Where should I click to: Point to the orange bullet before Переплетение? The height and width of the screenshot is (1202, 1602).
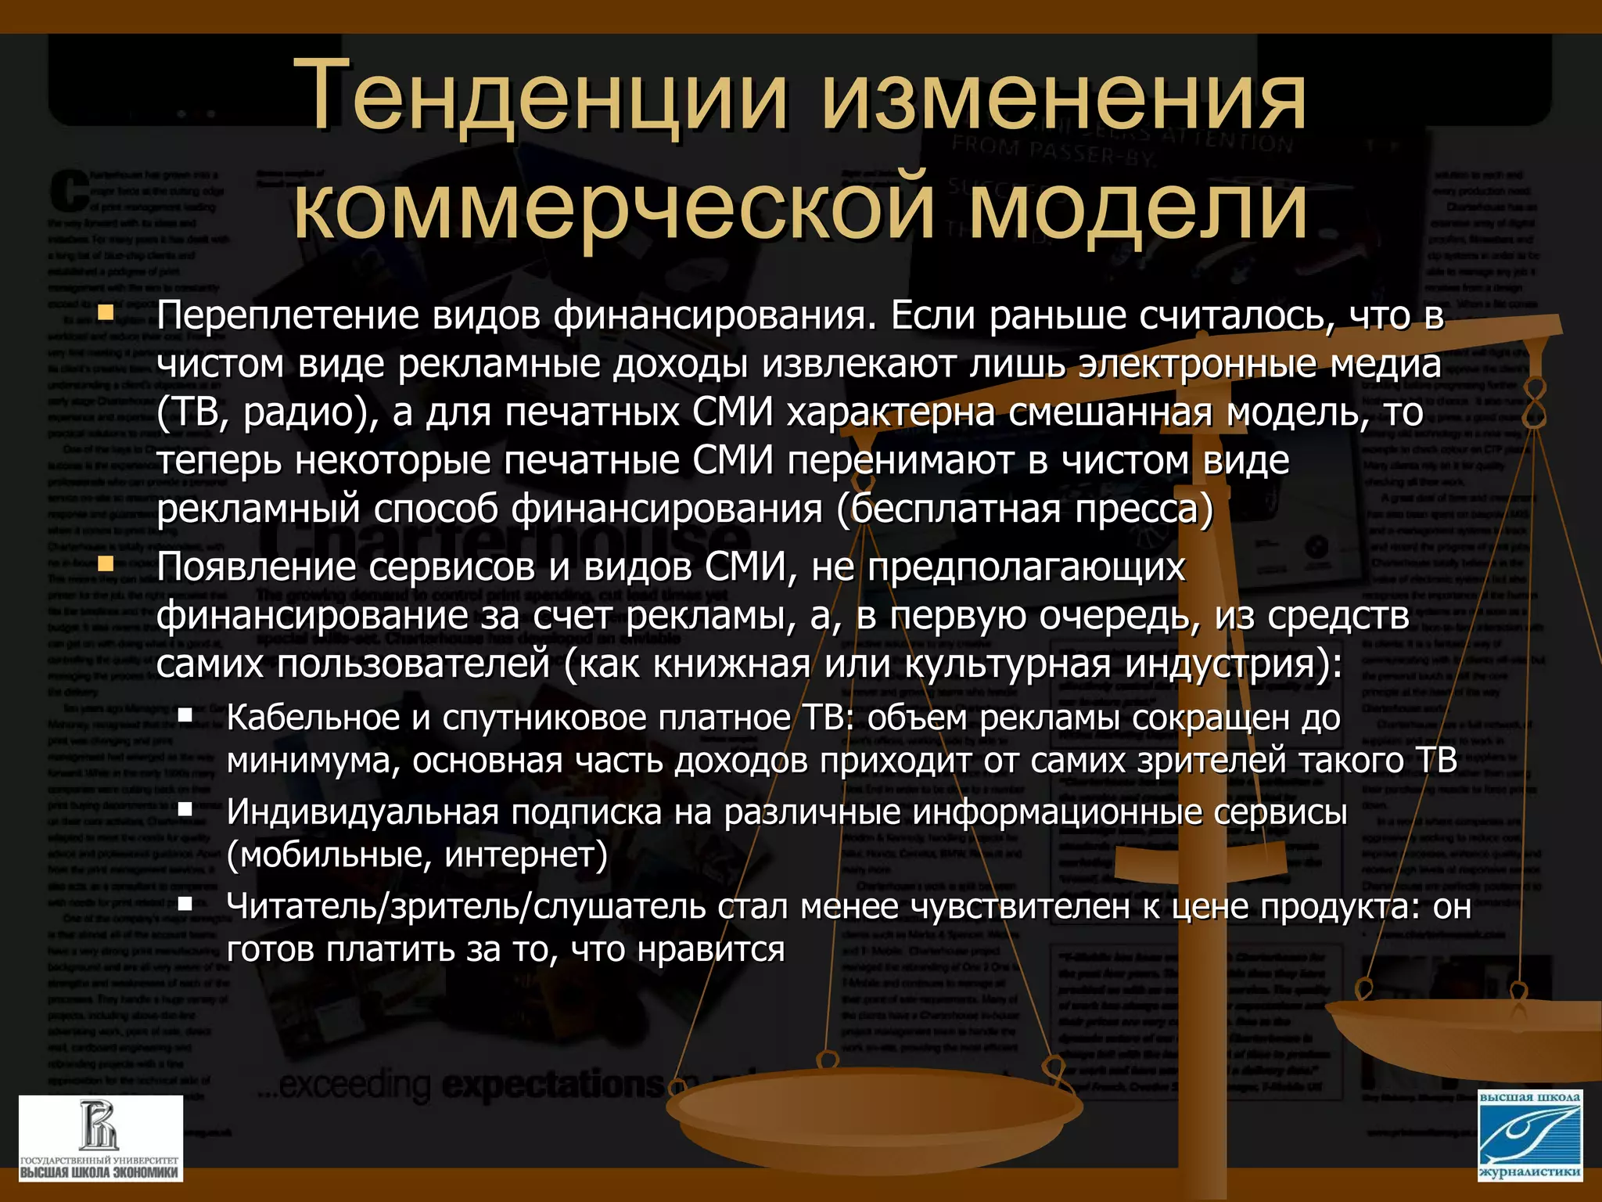click(106, 315)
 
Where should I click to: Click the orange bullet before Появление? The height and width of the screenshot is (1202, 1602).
click(106, 564)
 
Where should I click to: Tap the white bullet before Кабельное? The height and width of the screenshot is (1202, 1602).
click(185, 714)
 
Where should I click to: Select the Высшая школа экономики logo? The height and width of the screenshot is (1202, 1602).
click(101, 1138)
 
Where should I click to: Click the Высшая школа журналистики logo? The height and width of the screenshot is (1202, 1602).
click(1529, 1134)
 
